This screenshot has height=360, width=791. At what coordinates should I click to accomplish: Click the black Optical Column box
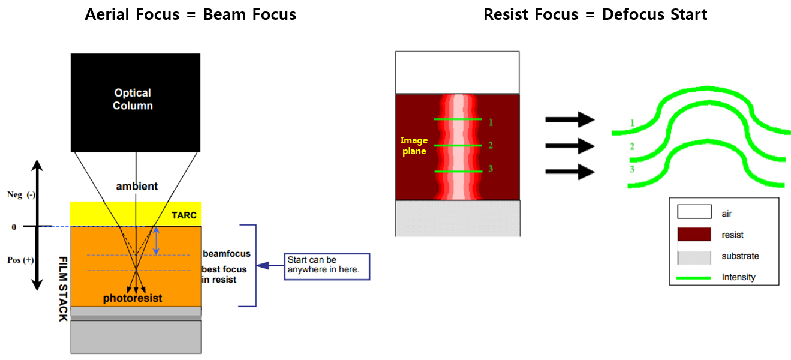pos(135,102)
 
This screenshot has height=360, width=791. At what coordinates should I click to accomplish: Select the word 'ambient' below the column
pos(137,186)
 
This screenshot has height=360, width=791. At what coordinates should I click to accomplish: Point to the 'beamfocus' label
pos(227,254)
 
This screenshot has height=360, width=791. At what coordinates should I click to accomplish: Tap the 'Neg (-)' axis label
pos(20,196)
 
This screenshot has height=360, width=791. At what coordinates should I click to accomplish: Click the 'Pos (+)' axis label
pos(20,260)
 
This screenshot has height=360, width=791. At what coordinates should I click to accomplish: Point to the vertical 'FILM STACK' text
pos(63,289)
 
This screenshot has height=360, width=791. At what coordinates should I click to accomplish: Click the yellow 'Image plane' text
pos(414,146)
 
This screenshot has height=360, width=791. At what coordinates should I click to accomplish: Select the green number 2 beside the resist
pos(491,145)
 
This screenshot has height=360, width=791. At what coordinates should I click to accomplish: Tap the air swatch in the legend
pos(694,212)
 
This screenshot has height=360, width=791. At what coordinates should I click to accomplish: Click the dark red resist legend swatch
pos(694,235)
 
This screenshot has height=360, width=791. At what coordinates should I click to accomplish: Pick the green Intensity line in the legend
pos(694,277)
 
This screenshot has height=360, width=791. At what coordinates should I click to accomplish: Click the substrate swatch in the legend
pos(694,257)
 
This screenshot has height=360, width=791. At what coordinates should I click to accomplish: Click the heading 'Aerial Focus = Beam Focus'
pos(191,14)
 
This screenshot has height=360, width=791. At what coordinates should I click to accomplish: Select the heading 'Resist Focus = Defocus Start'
pos(595,14)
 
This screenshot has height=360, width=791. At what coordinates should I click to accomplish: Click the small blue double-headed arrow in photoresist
pos(157,241)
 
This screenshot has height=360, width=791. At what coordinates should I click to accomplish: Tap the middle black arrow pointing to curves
pos(569,146)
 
